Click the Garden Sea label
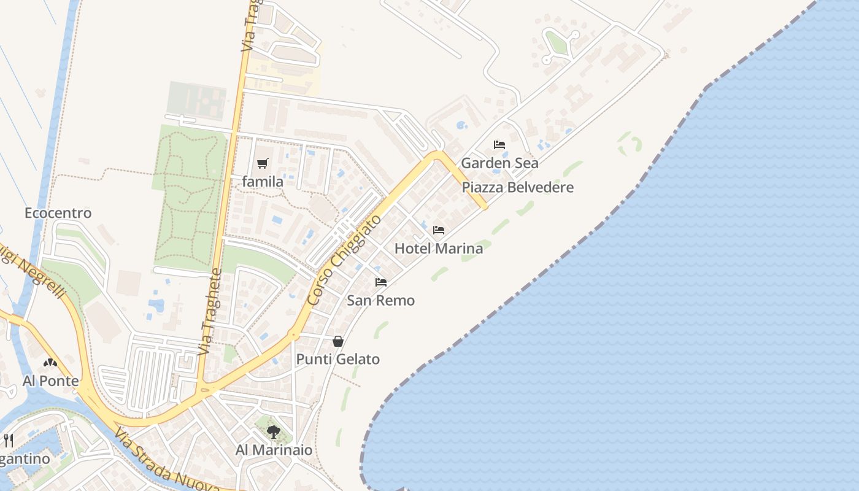(x=499, y=163)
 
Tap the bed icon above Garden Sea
(x=499, y=145)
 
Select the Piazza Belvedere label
(x=517, y=188)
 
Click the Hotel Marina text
(x=438, y=249)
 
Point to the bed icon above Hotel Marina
(x=438, y=230)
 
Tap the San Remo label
(x=380, y=301)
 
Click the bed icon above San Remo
(x=381, y=282)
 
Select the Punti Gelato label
(x=338, y=360)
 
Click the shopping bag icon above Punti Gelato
(x=338, y=341)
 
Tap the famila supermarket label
(x=263, y=182)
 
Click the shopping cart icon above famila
(x=263, y=163)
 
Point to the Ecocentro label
(x=58, y=213)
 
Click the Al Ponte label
(x=51, y=381)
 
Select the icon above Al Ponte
(x=50, y=363)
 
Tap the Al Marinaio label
(x=274, y=450)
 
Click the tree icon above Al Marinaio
(x=274, y=432)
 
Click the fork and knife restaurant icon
(x=9, y=440)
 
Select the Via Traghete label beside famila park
(x=210, y=312)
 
